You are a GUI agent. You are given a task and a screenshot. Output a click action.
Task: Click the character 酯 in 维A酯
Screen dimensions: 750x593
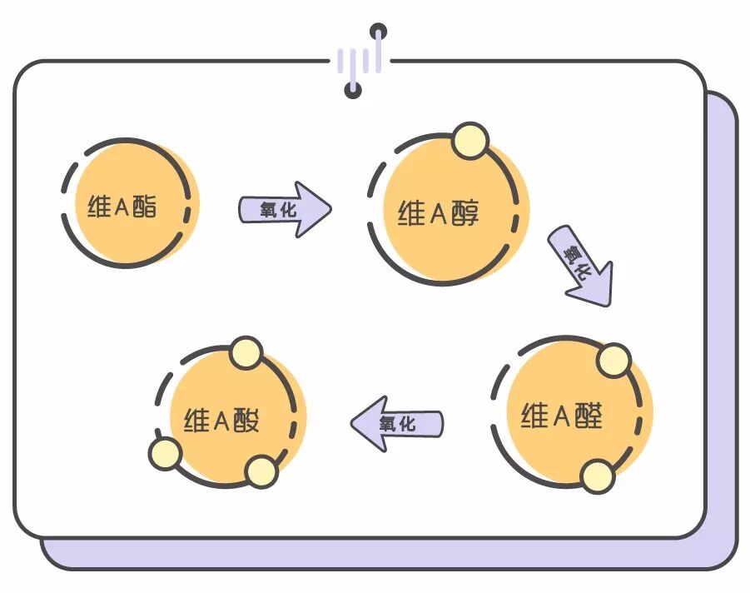point(144,207)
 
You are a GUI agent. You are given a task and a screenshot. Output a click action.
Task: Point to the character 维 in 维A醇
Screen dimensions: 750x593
point(411,214)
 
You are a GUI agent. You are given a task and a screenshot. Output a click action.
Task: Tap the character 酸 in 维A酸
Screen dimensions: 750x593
point(245,420)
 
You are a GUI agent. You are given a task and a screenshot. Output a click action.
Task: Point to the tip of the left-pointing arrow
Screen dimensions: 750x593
point(354,423)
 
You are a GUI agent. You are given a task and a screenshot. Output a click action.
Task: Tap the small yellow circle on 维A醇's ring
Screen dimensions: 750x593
point(470,141)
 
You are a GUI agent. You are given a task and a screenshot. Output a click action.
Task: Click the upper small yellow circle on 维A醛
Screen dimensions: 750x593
point(614,360)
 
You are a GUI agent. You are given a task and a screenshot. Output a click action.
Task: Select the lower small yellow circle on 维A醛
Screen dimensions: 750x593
point(598,476)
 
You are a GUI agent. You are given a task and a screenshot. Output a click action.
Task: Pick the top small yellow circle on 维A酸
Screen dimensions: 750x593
point(246,354)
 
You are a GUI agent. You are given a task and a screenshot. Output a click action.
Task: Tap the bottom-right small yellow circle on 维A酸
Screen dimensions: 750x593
point(261,472)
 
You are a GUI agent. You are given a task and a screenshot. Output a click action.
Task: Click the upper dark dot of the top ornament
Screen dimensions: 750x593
point(379,32)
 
